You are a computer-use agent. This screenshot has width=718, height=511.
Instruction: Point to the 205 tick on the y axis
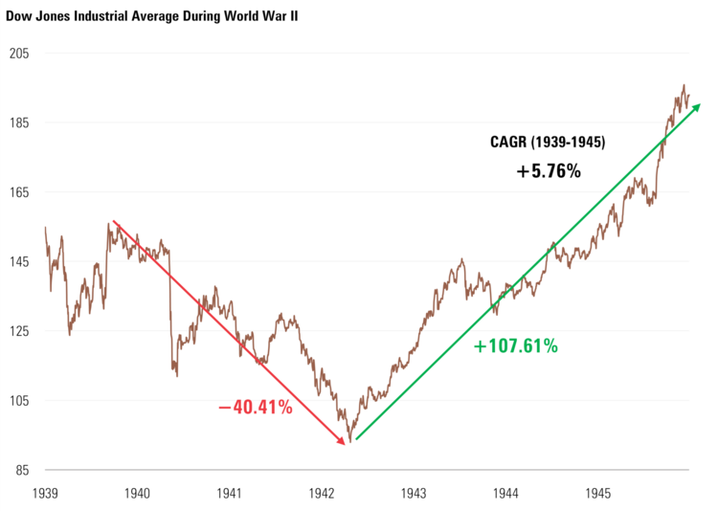point(19,54)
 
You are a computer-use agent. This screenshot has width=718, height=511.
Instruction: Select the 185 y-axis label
point(19,123)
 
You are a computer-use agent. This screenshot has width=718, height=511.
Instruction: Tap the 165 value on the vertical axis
point(19,192)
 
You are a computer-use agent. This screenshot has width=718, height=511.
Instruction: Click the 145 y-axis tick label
point(19,262)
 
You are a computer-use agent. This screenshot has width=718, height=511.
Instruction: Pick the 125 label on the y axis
point(19,331)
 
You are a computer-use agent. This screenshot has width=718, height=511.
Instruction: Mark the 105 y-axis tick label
point(19,401)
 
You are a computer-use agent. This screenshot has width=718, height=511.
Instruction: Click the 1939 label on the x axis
point(45,494)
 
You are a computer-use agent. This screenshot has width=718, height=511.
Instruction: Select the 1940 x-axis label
point(137,494)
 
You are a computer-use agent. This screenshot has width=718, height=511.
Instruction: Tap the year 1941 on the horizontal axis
point(230,494)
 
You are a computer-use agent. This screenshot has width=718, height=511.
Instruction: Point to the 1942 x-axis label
point(322,494)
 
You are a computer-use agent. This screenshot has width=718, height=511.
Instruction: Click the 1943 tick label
point(415,494)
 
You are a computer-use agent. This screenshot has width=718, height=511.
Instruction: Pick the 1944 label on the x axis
point(506,494)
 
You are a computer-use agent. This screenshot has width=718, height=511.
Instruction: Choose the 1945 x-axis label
point(598,494)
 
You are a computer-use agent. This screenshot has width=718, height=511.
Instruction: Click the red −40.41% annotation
point(255,409)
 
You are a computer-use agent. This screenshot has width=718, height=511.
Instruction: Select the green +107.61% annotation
point(515,346)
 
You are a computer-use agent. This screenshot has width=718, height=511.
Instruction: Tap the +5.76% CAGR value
point(549,171)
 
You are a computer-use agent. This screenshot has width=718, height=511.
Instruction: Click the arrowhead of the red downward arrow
point(342,440)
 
